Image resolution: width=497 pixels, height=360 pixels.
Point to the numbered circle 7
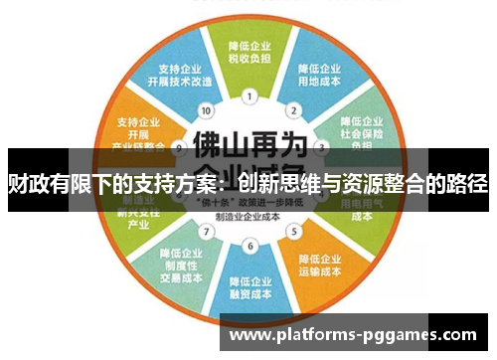[206, 233]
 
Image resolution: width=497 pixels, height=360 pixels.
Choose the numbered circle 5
[293, 233]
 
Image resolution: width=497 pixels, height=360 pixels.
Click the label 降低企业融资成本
[248, 287]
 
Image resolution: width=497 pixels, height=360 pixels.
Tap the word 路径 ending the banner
[467, 184]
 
